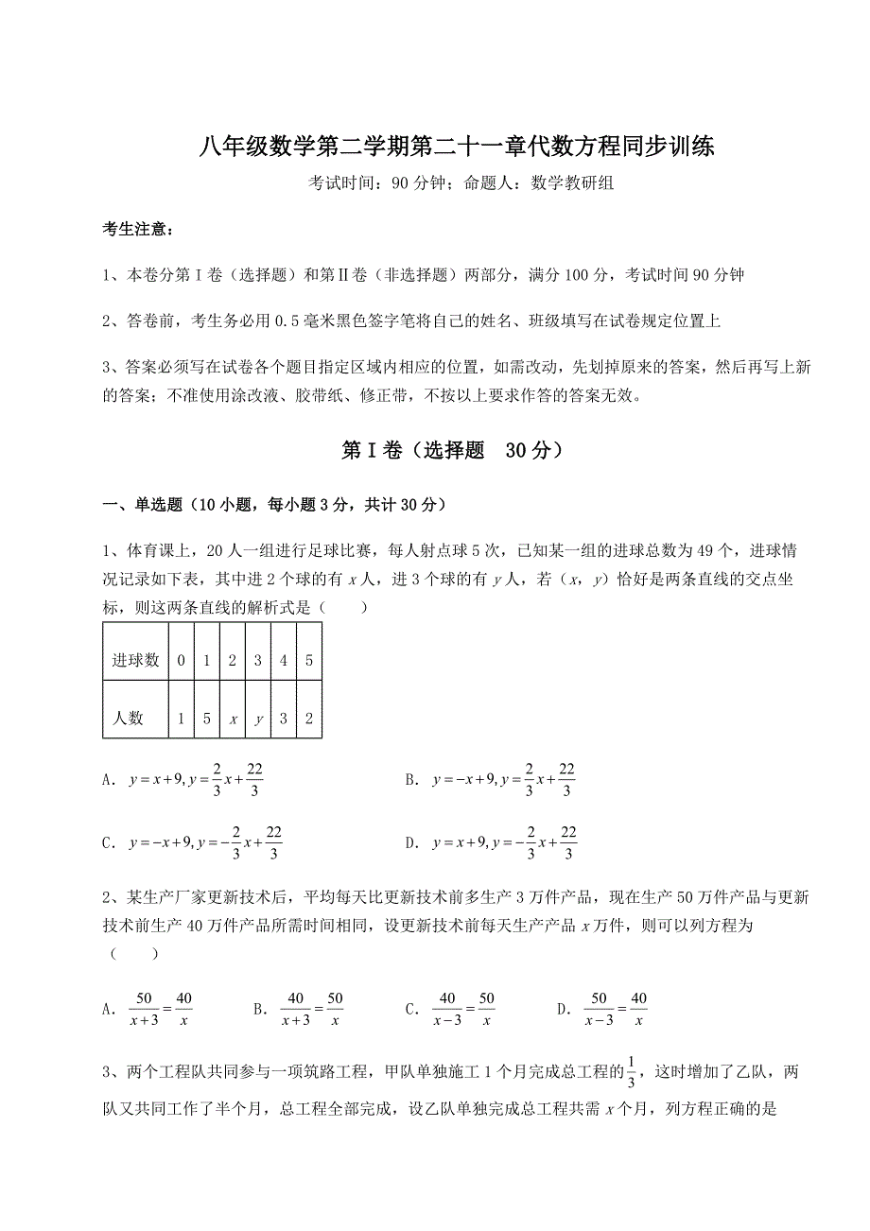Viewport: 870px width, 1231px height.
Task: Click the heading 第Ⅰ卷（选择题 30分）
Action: coord(454,451)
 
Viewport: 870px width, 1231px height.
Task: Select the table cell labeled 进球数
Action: coord(136,660)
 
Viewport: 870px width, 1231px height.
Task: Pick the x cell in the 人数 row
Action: coord(233,718)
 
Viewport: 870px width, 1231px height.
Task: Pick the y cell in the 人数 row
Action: coord(258,718)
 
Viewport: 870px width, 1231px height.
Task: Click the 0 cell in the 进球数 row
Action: coord(182,660)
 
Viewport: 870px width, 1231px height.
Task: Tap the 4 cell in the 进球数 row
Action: coord(284,660)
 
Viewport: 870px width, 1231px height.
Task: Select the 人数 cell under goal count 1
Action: coord(207,718)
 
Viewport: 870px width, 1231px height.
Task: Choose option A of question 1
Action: coord(184,781)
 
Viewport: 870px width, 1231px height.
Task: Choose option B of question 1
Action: coord(492,781)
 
